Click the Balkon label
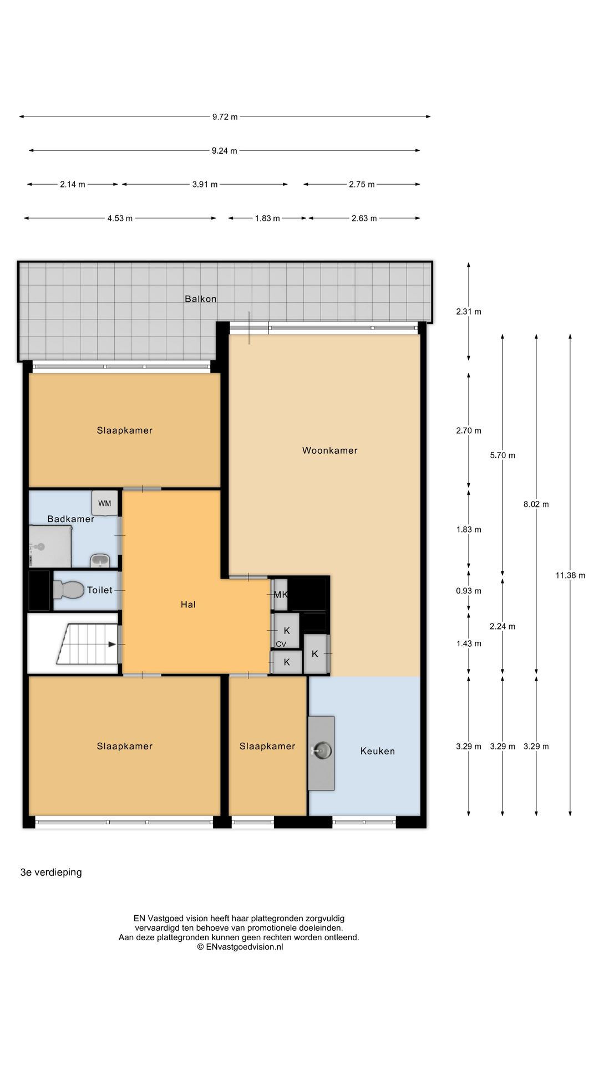[200, 299]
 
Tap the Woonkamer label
[329, 450]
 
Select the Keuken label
[377, 751]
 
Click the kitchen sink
[322, 750]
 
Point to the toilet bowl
[68, 590]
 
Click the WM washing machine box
[105, 504]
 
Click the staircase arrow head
[113, 645]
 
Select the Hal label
[188, 605]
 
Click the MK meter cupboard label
[281, 595]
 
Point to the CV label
[281, 644]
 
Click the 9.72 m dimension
[225, 116]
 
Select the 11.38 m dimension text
[570, 575]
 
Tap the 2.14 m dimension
[73, 184]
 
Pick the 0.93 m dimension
[469, 591]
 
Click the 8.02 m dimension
[536, 504]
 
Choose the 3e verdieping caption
[51, 873]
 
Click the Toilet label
[100, 590]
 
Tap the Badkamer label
[70, 519]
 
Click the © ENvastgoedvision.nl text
[240, 947]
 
